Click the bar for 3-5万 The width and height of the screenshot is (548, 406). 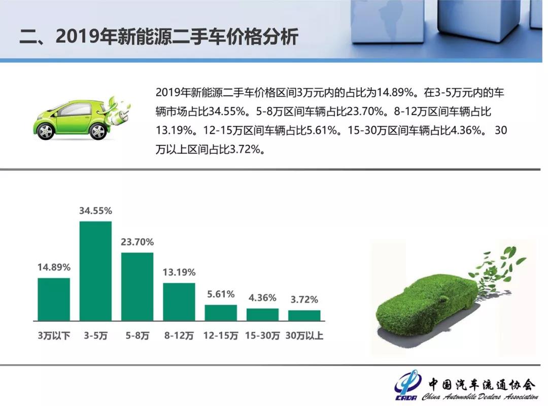95,271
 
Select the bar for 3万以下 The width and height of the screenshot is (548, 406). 54,299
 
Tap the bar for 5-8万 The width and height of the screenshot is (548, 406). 138,286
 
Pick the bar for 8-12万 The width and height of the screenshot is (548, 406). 179,302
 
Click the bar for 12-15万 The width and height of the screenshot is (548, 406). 221,313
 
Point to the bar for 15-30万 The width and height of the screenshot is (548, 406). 262,315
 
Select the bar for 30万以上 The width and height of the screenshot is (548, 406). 304,316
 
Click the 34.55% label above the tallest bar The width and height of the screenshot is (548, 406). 95,210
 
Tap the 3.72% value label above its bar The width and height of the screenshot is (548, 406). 304,300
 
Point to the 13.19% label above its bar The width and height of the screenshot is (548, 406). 179,272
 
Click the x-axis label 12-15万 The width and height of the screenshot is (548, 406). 221,336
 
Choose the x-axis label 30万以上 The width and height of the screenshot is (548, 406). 304,336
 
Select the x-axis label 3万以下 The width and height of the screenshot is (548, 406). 54,336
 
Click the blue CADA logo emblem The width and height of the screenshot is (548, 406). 407,385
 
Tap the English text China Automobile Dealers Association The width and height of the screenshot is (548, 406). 480,396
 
